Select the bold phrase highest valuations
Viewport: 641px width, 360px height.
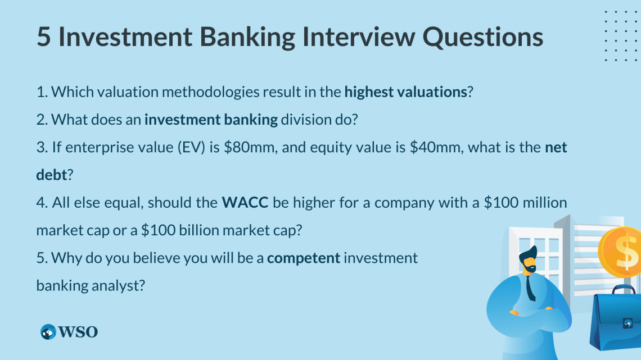(x=405, y=92)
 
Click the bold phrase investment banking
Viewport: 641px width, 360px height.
(x=211, y=120)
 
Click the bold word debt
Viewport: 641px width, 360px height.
(x=52, y=175)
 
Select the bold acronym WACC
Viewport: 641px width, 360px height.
(x=245, y=202)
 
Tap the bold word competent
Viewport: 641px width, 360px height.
(x=304, y=258)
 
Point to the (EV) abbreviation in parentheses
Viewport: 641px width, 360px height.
(x=191, y=147)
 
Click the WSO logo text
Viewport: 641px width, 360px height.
(x=78, y=332)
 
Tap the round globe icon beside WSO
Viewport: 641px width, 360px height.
(x=48, y=332)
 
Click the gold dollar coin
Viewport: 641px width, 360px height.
(x=620, y=252)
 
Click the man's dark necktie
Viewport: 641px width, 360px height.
(x=531, y=287)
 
